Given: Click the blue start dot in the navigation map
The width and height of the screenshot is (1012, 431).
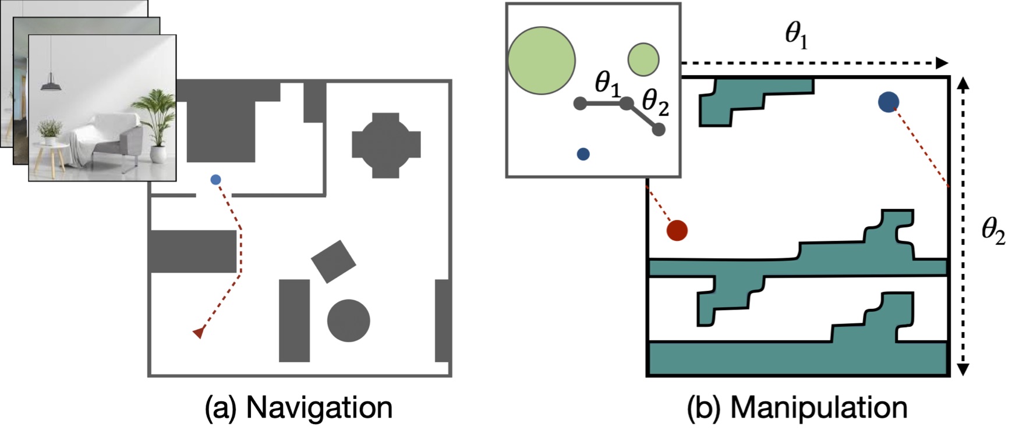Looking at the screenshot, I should click(215, 180).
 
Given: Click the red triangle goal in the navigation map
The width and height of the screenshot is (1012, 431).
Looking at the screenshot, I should click(199, 333).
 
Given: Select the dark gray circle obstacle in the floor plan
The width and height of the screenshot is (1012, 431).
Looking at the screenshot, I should click(348, 320).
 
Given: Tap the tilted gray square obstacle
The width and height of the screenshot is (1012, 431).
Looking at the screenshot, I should click(333, 262).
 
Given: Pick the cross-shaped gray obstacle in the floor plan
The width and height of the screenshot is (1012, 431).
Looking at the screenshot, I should click(385, 145).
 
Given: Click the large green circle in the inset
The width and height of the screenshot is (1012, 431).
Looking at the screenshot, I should click(542, 60).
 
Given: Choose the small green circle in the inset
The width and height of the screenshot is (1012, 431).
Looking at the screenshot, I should click(643, 59).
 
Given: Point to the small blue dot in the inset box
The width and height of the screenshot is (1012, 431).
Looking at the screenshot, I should click(583, 154).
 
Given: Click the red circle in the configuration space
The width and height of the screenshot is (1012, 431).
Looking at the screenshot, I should click(677, 230).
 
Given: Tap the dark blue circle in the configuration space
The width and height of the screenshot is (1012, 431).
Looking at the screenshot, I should click(888, 102).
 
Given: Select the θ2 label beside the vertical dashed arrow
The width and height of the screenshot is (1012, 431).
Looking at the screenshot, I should click(993, 231).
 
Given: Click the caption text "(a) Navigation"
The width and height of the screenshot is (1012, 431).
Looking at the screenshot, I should click(298, 408).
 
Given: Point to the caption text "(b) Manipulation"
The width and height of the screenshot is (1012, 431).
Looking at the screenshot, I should click(797, 408).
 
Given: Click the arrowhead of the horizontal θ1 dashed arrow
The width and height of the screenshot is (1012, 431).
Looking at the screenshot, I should click(942, 63).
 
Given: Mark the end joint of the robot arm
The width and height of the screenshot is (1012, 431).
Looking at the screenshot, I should click(659, 130).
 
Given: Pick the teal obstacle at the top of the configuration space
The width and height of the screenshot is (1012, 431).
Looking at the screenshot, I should click(751, 96).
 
